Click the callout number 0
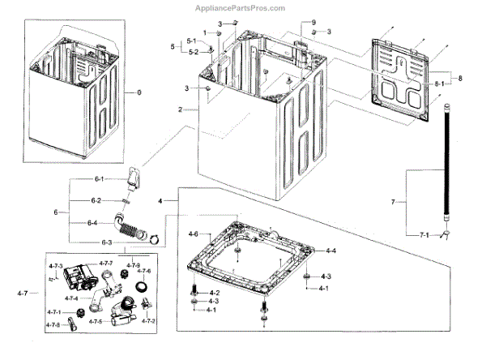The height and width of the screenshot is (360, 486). point(138,93)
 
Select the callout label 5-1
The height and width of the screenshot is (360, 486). point(191,41)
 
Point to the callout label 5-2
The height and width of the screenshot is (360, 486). point(191,52)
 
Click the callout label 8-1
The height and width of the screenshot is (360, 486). point(441,83)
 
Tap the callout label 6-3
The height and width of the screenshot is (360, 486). point(106,241)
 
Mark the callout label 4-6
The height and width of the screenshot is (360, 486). point(194,234)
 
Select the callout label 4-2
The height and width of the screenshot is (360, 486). point(214,292)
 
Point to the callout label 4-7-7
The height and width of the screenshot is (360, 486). point(107,264)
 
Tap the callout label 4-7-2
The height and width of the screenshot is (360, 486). point(148,322)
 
